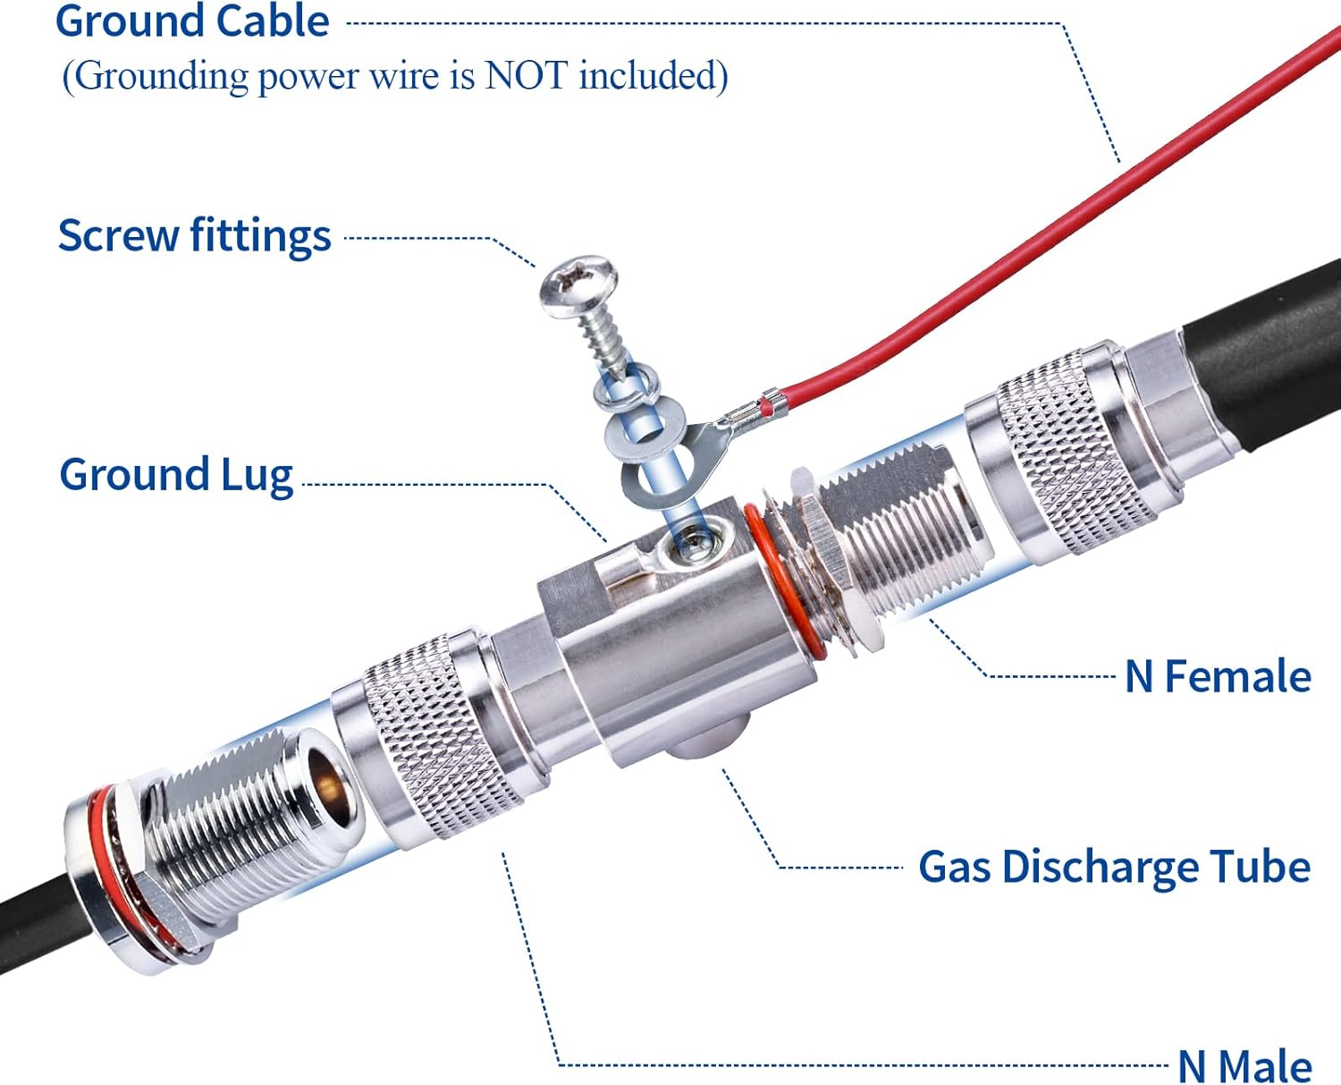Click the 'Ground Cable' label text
point(192,21)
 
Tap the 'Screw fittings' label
point(194,236)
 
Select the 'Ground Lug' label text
point(176,475)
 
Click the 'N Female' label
point(1218,677)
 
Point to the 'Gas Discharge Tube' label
point(1114,868)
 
